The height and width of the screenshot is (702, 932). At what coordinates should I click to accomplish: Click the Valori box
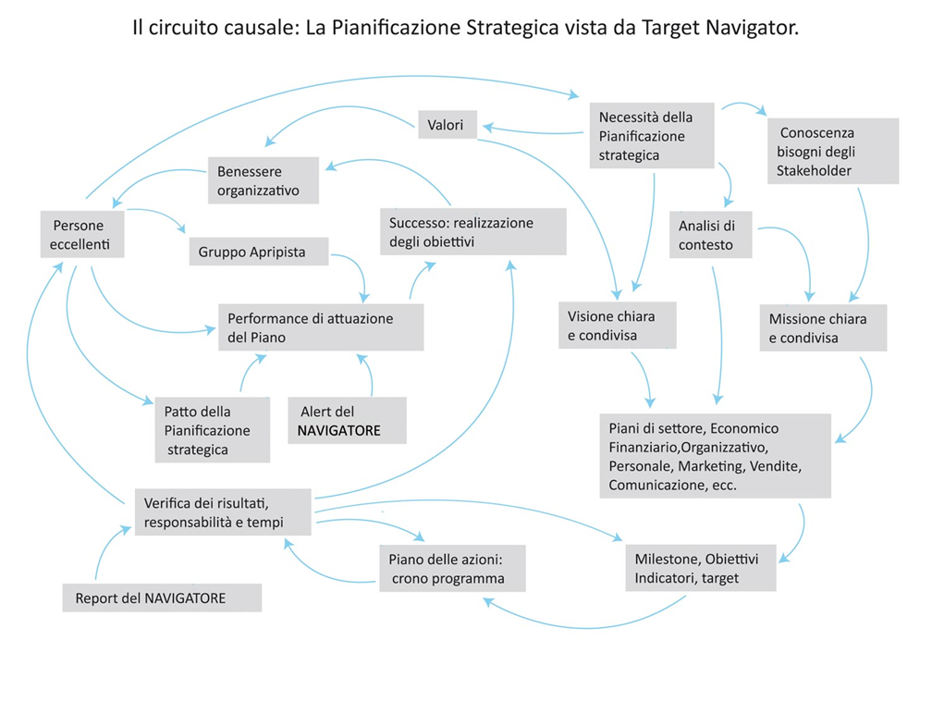coord(448,125)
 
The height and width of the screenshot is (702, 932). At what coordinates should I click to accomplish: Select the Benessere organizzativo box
coord(264,180)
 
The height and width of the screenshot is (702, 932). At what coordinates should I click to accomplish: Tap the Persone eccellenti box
coord(82,235)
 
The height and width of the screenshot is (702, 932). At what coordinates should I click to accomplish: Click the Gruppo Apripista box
coord(259,252)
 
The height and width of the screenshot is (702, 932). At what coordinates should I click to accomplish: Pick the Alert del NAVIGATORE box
coord(347,421)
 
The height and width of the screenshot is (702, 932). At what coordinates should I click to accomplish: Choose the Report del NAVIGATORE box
coord(163,598)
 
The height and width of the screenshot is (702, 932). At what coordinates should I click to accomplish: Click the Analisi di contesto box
coord(711,235)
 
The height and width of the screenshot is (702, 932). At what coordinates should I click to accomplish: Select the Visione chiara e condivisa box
coord(618,326)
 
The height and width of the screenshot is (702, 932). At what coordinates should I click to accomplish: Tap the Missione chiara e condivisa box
coord(823,328)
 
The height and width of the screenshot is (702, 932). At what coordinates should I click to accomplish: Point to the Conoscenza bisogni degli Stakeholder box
coord(833,151)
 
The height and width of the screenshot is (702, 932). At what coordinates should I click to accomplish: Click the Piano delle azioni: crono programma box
coord(453,568)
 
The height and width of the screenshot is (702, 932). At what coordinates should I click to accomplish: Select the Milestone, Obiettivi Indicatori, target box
coord(701,568)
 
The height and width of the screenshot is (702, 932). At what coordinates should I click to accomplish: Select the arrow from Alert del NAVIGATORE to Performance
coord(367,374)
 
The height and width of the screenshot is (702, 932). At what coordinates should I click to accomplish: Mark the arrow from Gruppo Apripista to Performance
coord(359,270)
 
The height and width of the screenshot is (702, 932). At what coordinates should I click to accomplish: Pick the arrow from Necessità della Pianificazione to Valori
coord(533,131)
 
